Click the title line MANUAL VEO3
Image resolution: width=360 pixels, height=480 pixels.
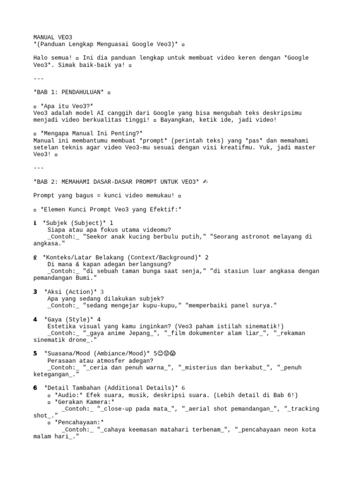pos(52,37)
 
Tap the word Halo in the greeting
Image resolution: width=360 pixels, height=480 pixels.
pos(40,58)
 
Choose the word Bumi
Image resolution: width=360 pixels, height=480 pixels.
pos(80,278)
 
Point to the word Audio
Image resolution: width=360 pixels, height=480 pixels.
pos(67,395)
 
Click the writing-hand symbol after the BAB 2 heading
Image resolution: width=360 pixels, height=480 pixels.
pos(205,181)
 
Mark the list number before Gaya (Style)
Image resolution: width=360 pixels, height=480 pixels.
pos(35,319)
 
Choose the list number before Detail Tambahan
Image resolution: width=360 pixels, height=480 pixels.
pos(35,388)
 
